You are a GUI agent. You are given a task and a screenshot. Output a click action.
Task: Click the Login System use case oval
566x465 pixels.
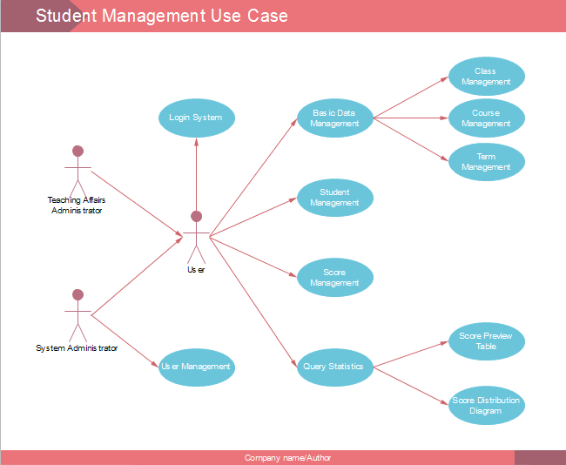tap(196, 118)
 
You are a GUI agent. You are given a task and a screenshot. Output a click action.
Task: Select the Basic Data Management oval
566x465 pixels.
tap(334, 118)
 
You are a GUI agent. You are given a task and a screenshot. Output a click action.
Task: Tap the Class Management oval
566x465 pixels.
tap(486, 77)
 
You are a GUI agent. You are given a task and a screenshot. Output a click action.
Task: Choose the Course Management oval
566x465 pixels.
tap(486, 118)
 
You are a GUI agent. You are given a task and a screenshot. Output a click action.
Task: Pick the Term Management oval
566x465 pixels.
tap(486, 162)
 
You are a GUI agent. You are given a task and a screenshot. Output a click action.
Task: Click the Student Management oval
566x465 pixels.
tap(334, 198)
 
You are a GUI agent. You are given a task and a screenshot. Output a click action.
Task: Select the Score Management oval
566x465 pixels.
tap(334, 278)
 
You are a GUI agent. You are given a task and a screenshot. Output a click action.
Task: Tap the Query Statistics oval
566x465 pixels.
tap(334, 367)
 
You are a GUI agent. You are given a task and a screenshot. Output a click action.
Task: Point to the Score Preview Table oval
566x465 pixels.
tap(486, 340)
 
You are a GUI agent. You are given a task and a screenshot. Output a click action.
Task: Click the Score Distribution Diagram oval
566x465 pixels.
tap(486, 406)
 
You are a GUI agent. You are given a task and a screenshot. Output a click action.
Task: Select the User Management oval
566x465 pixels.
tap(196, 367)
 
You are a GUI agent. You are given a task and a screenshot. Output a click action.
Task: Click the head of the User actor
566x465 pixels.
tap(196, 216)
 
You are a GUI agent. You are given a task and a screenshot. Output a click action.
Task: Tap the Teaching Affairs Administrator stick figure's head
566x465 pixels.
tap(77, 150)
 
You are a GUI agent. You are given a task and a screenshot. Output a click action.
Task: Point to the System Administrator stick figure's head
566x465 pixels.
tap(77, 294)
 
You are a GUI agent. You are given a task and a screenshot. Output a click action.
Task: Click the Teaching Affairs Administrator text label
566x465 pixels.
tap(77, 206)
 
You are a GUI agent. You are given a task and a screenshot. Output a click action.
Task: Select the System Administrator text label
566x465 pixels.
tap(77, 348)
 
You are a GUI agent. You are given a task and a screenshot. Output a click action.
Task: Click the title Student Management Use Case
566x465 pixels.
tap(161, 16)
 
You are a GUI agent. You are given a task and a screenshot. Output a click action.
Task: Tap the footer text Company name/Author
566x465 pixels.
tap(287, 458)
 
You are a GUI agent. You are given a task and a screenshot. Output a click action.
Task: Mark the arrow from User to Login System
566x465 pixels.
tap(196, 174)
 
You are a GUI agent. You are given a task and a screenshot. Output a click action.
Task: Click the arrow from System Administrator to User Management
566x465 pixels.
tap(125, 340)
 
